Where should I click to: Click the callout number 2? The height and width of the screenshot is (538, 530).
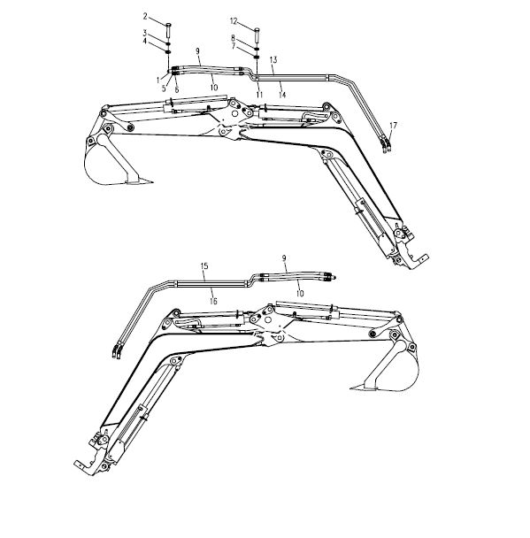pos(145,16)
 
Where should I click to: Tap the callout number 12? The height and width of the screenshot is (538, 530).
pos(234,21)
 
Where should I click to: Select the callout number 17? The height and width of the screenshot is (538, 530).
pos(393,126)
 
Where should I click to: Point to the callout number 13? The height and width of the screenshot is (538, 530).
pos(273,59)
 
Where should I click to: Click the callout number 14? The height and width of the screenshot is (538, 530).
pos(282,95)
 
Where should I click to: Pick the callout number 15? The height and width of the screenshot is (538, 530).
pos(204,266)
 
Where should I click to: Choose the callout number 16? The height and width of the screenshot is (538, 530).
pos(213,301)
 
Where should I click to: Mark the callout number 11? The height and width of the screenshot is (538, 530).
pos(259,95)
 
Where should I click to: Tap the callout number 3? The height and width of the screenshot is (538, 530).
pos(145,34)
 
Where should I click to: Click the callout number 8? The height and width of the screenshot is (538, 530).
pos(233,38)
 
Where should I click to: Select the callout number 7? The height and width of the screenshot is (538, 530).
pos(234,46)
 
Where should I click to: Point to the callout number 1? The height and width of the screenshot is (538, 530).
pos(158,81)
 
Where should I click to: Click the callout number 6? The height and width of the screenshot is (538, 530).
pos(177,90)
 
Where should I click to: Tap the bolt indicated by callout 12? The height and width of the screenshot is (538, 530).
pos(257,35)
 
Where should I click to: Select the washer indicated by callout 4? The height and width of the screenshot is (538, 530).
pos(168,52)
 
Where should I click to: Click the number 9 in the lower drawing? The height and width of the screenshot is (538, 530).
pos(284,258)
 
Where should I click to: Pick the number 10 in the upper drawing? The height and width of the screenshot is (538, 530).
pos(214,88)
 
